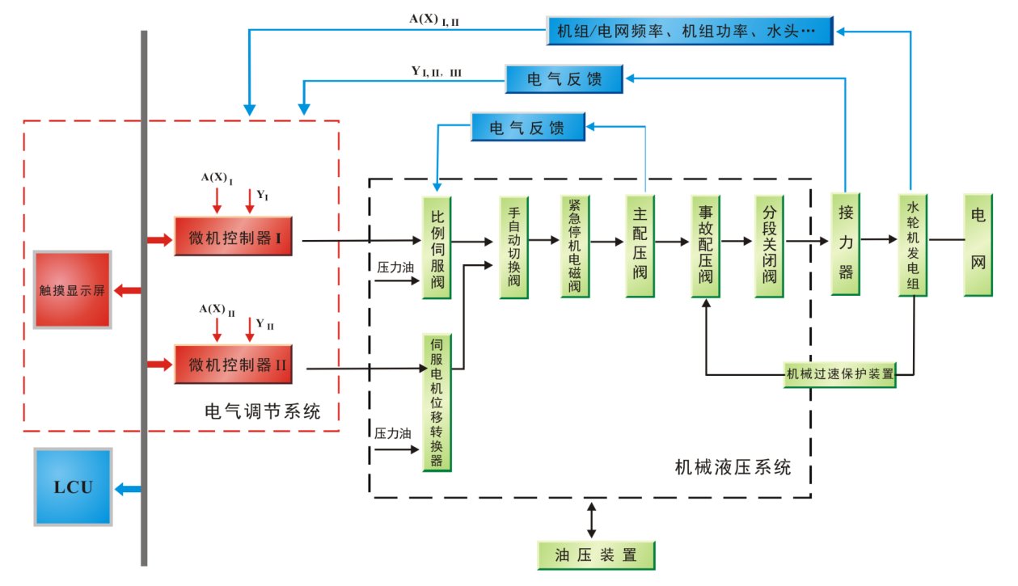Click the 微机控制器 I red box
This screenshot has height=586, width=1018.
tap(233, 238)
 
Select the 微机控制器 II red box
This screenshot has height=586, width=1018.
tap(233, 365)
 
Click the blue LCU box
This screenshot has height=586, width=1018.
tap(73, 487)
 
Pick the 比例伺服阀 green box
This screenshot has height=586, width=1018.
tap(437, 247)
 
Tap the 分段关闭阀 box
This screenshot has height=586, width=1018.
tap(769, 245)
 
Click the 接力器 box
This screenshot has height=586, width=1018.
tap(846, 242)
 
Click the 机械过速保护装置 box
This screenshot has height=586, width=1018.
tap(839, 374)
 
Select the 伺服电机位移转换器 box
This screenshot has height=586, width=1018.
tap(437, 402)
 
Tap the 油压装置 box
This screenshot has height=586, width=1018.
tap(595, 555)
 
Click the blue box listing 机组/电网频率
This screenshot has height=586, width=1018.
tap(689, 31)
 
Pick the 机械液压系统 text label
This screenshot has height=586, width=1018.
tap(733, 467)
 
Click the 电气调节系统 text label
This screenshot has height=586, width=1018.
tap(263, 412)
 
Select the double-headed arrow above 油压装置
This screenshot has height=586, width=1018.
tap(592, 520)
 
